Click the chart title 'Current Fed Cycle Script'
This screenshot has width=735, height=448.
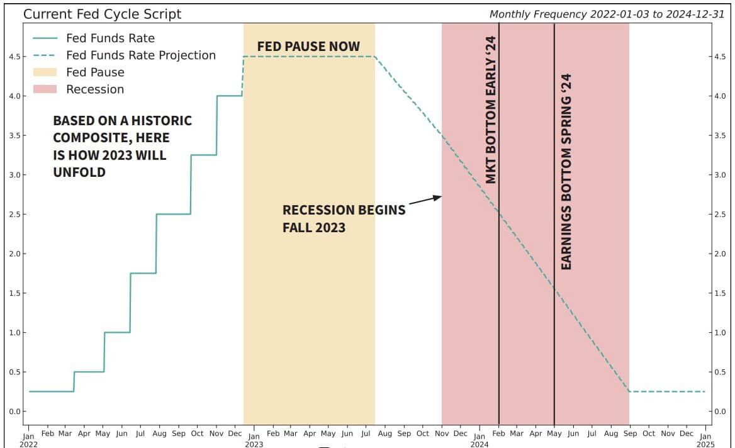[x=102, y=14]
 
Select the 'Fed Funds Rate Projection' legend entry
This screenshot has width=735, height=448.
[x=140, y=55]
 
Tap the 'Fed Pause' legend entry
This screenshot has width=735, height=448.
[x=95, y=72]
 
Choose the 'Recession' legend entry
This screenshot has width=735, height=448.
[x=95, y=89]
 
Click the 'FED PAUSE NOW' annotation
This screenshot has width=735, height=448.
[x=308, y=47]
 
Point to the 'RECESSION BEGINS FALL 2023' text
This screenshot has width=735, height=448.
[x=344, y=218]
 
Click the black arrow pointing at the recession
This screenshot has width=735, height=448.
[x=425, y=200]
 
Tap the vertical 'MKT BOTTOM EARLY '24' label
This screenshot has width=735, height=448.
[x=491, y=109]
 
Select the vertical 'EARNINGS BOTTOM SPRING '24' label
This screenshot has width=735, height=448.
[x=566, y=172]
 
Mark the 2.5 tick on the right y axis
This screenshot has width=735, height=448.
[x=721, y=215]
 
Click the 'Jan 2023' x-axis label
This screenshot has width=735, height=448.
[x=254, y=439]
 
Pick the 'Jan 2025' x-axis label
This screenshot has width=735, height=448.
[x=705, y=439]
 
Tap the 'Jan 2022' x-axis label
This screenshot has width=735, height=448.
[x=28, y=439]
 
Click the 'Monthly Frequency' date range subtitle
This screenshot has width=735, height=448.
[x=607, y=14]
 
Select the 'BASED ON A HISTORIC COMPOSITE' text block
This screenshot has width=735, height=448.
[x=122, y=146]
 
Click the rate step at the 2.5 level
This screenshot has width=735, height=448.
[x=173, y=214]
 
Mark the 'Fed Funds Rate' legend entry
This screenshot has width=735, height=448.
[x=110, y=38]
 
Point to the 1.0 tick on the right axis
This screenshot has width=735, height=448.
[x=721, y=333]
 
